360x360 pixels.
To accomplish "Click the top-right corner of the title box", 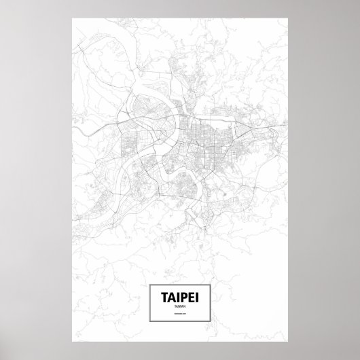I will point(209,286).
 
